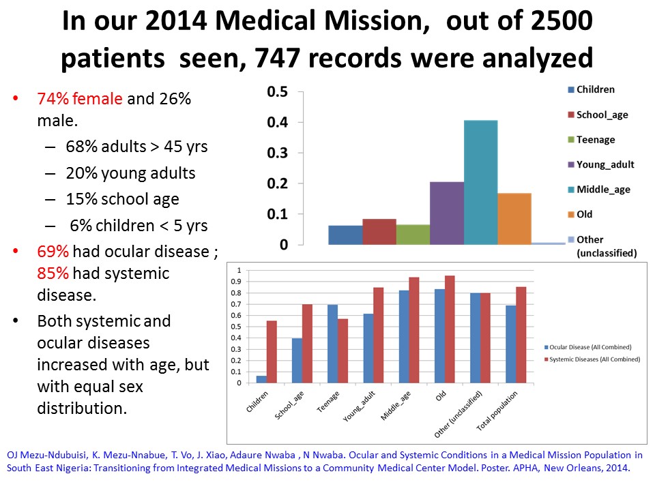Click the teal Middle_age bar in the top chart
(x=481, y=182)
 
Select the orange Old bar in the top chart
(x=514, y=218)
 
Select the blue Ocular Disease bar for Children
(x=261, y=379)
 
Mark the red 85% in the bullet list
(x=51, y=273)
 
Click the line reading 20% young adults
(x=130, y=173)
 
